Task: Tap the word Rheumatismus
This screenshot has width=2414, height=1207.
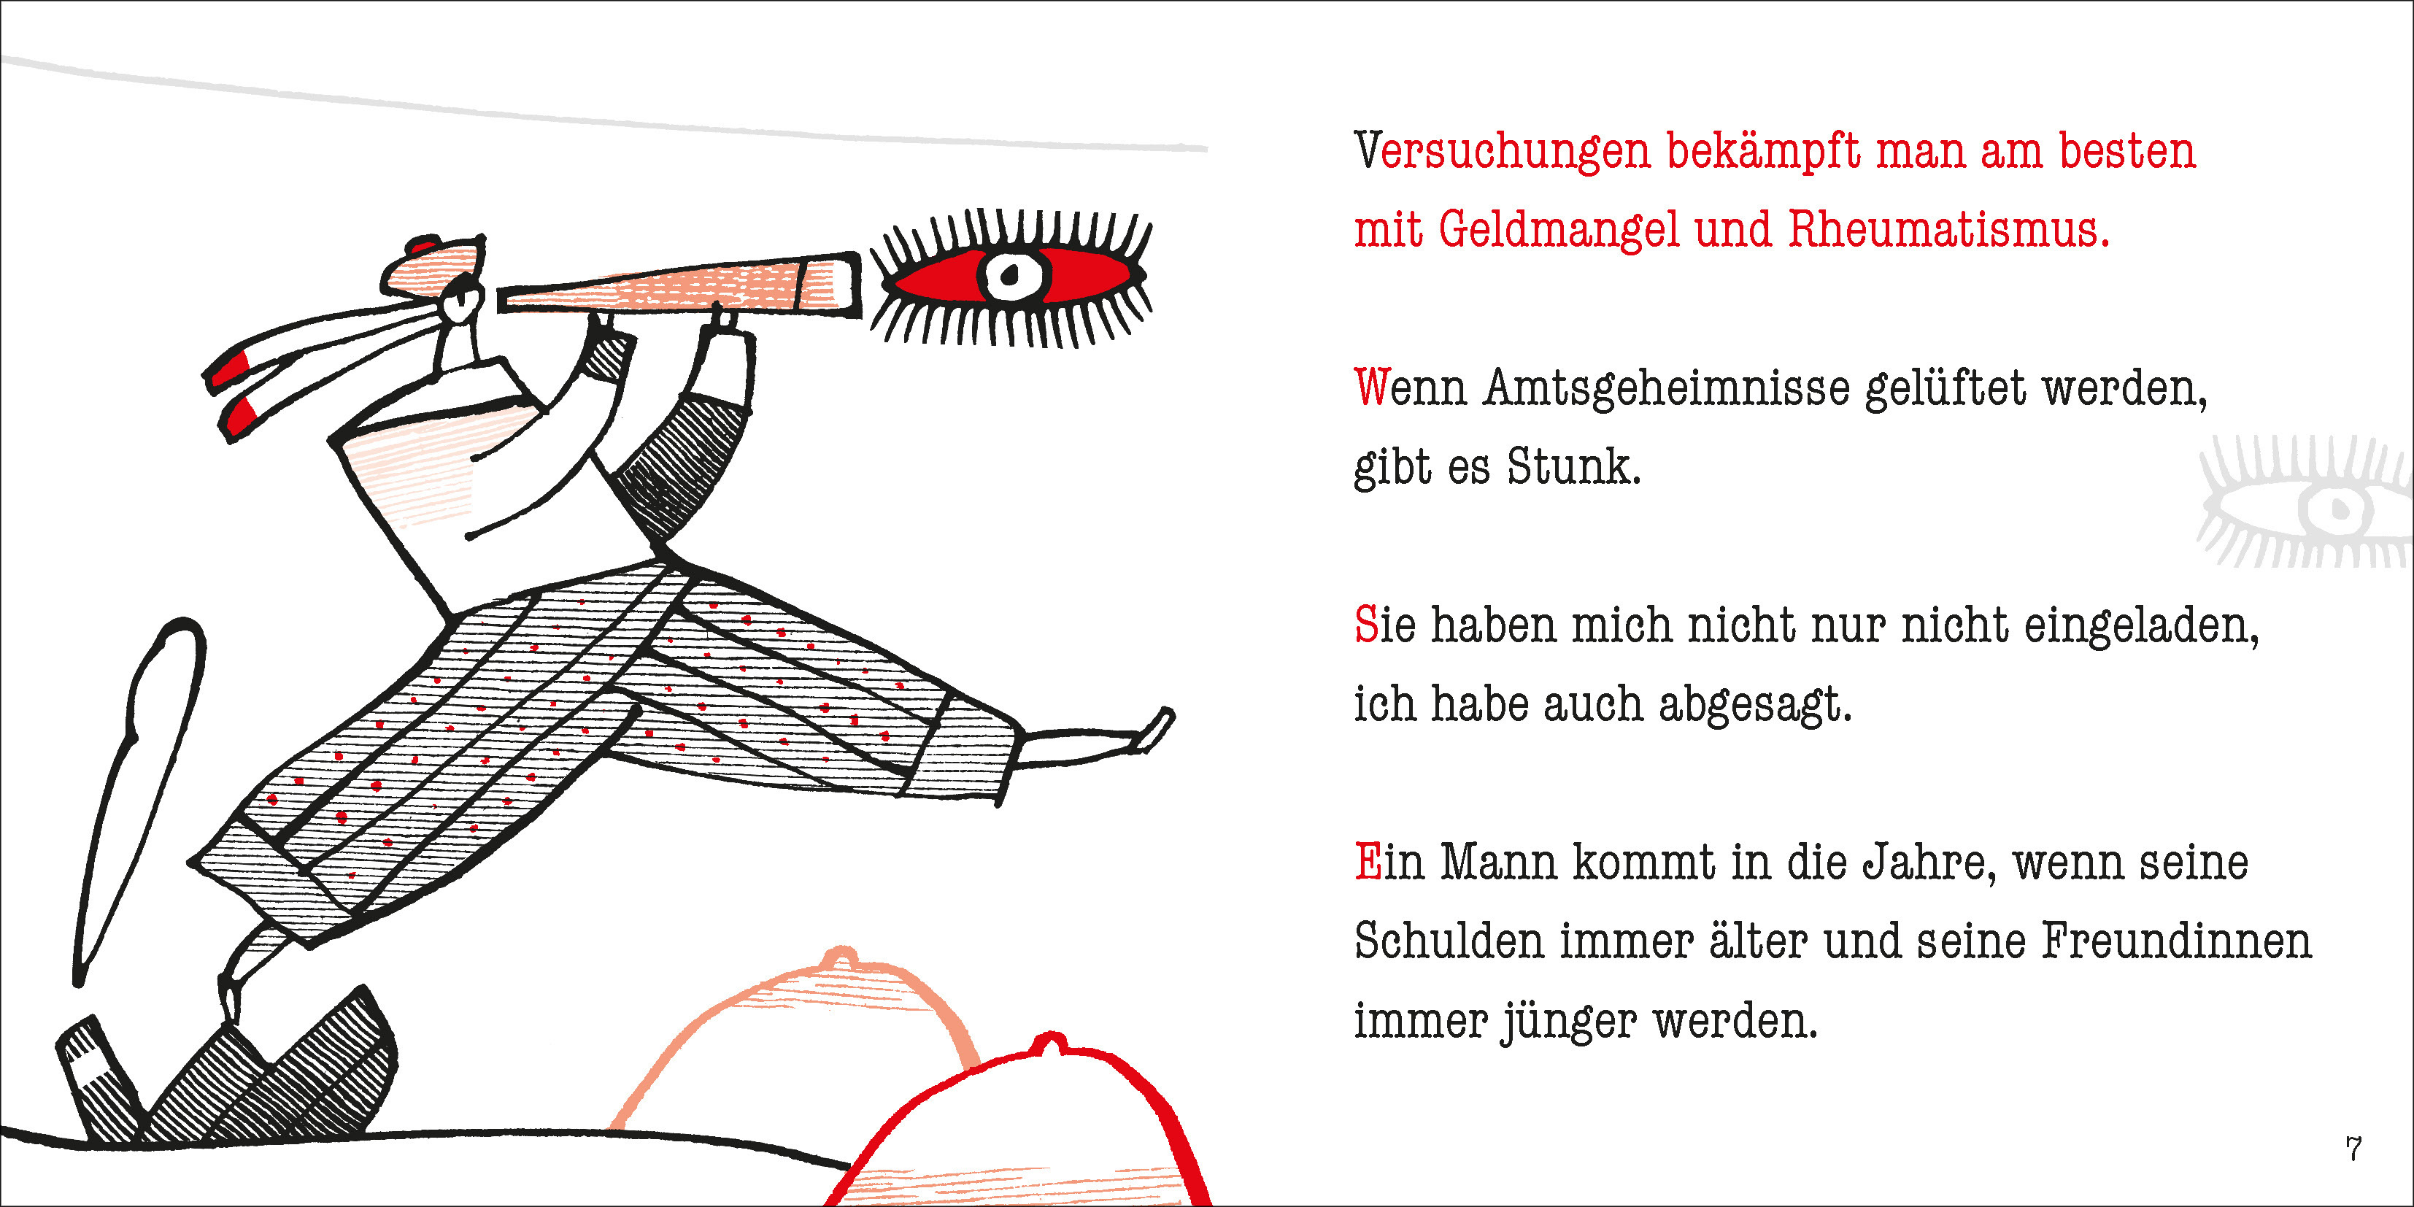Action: click(1948, 230)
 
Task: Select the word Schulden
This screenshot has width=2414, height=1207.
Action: click(1449, 942)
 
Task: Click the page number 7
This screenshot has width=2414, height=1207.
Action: click(2353, 1149)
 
